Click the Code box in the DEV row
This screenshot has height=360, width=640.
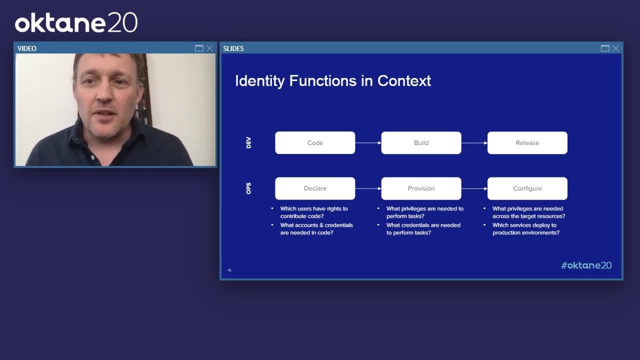click(x=315, y=143)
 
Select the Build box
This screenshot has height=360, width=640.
click(x=421, y=143)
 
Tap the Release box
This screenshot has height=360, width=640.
click(x=527, y=143)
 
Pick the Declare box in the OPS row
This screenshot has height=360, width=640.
click(x=315, y=188)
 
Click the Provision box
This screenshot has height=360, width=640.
click(x=421, y=188)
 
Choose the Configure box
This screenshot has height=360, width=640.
click(x=527, y=188)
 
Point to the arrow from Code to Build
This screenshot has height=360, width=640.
click(x=368, y=143)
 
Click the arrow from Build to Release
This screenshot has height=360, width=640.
click(x=474, y=143)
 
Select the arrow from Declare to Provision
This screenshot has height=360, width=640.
click(x=368, y=188)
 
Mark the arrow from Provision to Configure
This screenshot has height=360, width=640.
click(x=474, y=188)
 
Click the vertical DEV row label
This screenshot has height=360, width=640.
click(x=248, y=143)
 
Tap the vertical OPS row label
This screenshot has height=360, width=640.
click(x=248, y=188)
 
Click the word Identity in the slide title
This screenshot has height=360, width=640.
click(x=259, y=81)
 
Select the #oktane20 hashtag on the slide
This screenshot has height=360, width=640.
click(x=586, y=265)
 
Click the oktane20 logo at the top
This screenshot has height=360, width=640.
click(x=76, y=23)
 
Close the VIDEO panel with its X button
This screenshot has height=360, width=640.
click(x=210, y=48)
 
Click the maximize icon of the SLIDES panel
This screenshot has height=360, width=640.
click(x=605, y=48)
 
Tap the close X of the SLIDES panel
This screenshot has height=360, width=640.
click(x=615, y=48)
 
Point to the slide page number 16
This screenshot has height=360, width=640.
click(x=229, y=270)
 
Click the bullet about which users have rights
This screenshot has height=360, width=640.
click(x=313, y=212)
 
